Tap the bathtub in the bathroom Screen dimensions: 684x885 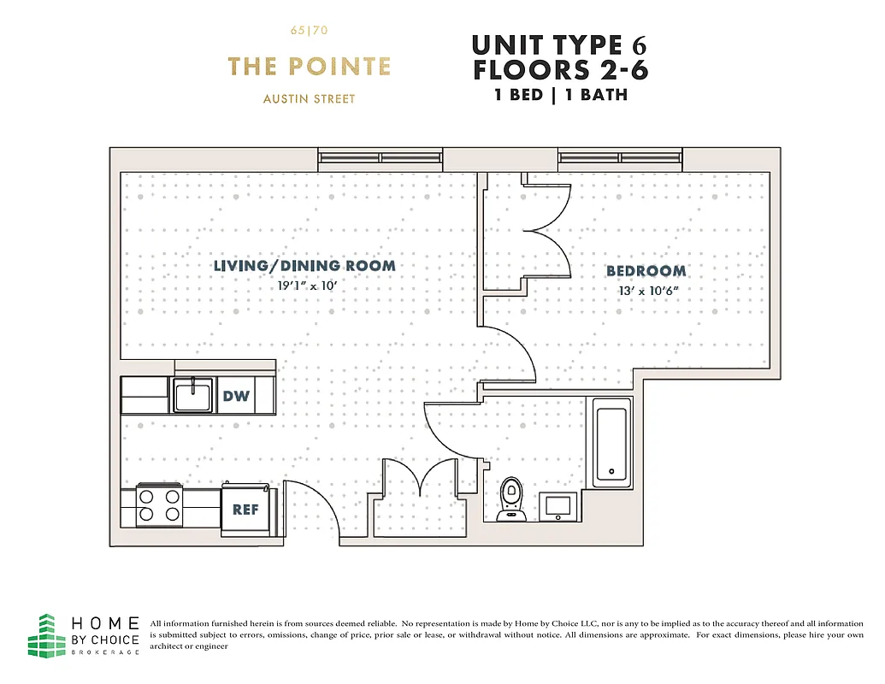pyautogui.click(x=610, y=443)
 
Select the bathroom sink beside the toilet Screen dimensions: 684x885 pyautogui.click(x=559, y=505)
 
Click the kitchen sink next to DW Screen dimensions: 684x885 pyautogui.click(x=192, y=396)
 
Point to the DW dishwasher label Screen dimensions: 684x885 pyautogui.click(x=236, y=396)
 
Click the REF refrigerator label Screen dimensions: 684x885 pyautogui.click(x=245, y=510)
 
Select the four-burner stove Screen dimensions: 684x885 pyautogui.click(x=160, y=505)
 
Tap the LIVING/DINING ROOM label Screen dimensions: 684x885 pyautogui.click(x=304, y=266)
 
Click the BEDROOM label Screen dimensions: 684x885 pyautogui.click(x=646, y=271)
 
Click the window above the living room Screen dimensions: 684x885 pyautogui.click(x=380, y=157)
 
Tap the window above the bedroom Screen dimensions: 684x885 pyautogui.click(x=621, y=157)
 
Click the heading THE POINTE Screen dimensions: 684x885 pyautogui.click(x=309, y=67)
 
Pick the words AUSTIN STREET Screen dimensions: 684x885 pyautogui.click(x=309, y=98)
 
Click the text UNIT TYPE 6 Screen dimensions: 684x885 pyautogui.click(x=560, y=44)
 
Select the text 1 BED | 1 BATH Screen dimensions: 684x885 pyautogui.click(x=560, y=95)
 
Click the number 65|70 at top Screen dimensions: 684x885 pyautogui.click(x=309, y=32)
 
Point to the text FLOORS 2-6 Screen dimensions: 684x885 pyautogui.click(x=560, y=70)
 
